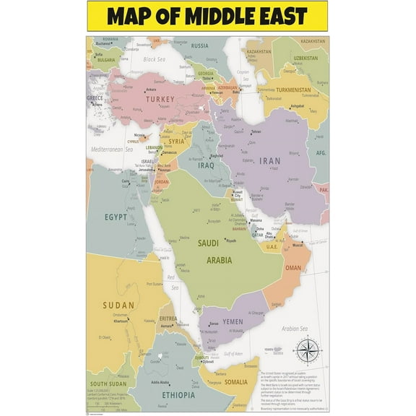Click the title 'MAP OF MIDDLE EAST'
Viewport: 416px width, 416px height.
[207, 16]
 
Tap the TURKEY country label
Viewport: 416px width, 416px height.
[160, 99]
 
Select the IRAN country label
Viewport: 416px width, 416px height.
[269, 161]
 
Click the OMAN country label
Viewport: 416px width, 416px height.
[292, 268]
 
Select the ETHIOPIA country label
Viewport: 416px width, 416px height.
[168, 396]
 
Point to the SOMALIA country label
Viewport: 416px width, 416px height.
[235, 381]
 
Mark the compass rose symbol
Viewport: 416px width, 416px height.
[305, 351]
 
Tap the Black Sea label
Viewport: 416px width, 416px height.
[154, 59]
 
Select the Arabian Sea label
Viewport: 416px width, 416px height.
[294, 329]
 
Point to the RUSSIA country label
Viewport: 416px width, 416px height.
[200, 46]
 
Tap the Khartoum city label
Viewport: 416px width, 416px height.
[121, 321]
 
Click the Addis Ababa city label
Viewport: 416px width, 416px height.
[160, 382]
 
